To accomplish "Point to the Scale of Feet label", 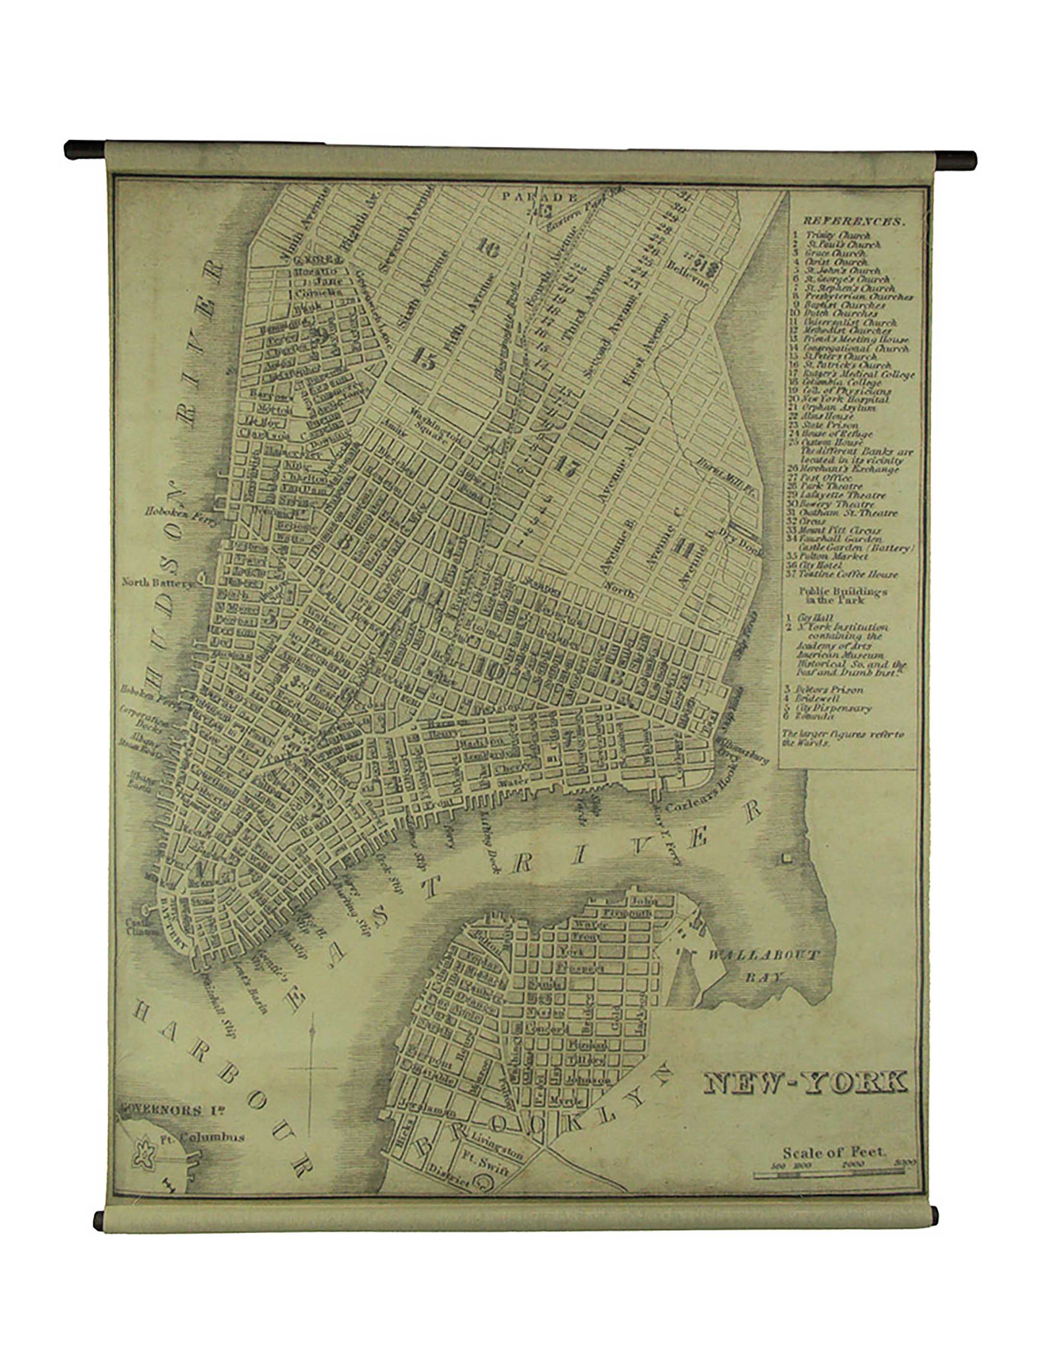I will click(834, 1153).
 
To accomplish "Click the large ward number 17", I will click(564, 464).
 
